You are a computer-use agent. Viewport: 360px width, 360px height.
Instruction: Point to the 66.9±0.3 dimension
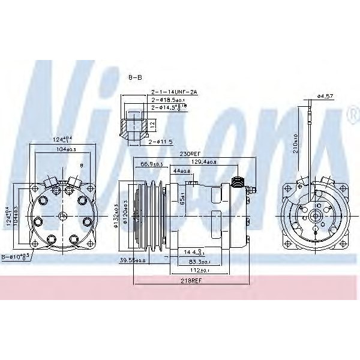(152, 164)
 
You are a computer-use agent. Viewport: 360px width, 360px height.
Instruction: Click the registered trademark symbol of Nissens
(350, 115)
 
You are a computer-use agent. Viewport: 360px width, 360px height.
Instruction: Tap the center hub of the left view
(62, 215)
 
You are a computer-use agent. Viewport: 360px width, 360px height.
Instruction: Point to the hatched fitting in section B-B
(133, 126)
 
